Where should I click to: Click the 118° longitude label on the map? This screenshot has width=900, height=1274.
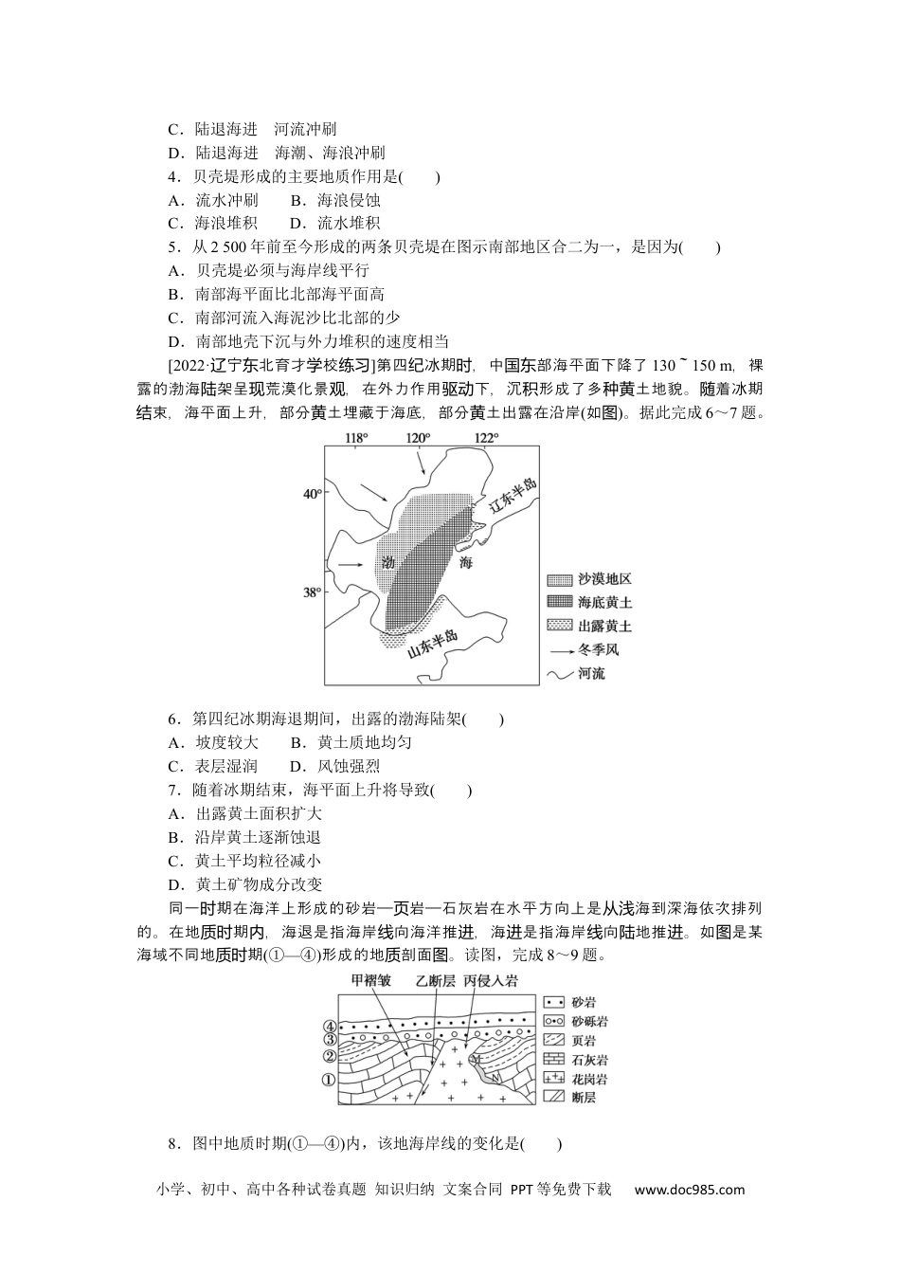coord(354,438)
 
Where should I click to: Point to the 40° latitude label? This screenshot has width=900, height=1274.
coord(312,494)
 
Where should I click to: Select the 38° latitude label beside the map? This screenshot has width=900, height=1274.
coord(312,592)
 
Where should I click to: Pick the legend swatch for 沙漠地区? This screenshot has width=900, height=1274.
coord(560,579)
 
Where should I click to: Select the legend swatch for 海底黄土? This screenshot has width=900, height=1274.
coord(560,602)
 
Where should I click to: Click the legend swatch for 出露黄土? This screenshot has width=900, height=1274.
coord(560,626)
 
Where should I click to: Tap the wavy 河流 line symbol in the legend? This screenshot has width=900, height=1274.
coord(560,674)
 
